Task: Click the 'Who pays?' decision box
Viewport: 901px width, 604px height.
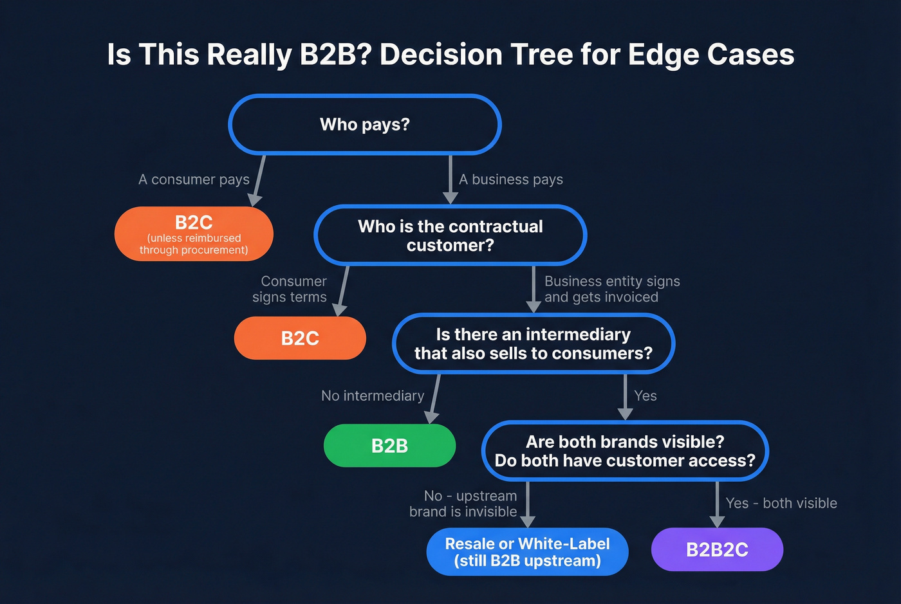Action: [364, 125]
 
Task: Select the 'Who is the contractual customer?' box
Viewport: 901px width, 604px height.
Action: [450, 235]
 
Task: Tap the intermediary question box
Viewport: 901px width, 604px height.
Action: [533, 343]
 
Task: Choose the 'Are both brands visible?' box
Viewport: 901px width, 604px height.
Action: [624, 451]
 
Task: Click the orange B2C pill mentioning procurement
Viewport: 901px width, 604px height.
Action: [194, 234]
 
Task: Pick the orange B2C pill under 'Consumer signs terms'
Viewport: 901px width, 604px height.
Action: [300, 338]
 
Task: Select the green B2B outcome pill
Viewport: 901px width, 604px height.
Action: [389, 446]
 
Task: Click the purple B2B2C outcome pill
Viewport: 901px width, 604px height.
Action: [717, 550]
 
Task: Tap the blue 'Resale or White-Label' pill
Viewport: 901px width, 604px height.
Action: [527, 552]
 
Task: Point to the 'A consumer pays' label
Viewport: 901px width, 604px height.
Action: [194, 179]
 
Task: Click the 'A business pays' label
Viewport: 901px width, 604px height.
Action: [511, 179]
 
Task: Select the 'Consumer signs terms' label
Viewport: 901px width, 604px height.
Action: [290, 289]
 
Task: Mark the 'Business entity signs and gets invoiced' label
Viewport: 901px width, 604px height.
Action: [611, 289]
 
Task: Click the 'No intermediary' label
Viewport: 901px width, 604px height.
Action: [373, 396]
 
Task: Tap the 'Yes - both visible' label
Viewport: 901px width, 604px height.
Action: [781, 503]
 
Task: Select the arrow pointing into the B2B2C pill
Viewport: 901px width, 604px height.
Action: [717, 505]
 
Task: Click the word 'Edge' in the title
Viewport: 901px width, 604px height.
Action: [664, 54]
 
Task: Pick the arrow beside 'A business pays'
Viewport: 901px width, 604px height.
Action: [450, 180]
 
